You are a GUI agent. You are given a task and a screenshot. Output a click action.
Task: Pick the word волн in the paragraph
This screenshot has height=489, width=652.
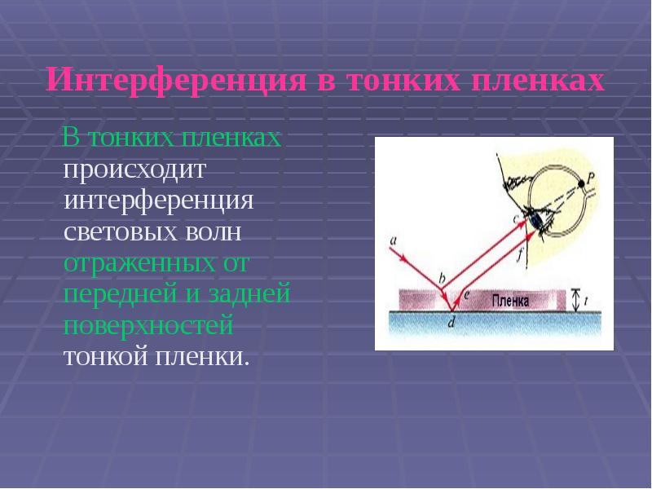tap(218, 233)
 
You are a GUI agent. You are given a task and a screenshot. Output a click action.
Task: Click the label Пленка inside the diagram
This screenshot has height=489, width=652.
tap(510, 301)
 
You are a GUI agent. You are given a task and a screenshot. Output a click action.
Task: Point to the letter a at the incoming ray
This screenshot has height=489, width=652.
tap(394, 240)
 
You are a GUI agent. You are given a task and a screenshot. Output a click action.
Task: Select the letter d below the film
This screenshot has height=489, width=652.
tap(452, 322)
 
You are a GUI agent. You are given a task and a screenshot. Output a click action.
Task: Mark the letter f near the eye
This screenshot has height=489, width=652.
tap(519, 253)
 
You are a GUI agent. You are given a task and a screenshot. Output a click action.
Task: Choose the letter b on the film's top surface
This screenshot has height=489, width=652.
tap(441, 279)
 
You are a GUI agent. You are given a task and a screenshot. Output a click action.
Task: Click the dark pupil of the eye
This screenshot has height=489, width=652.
tap(535, 217)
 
